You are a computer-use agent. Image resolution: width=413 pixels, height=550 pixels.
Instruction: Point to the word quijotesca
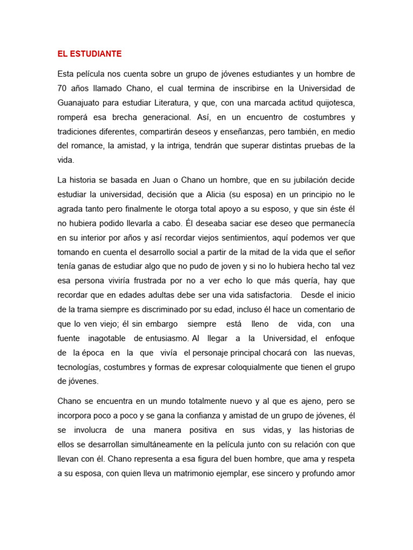tap(330, 103)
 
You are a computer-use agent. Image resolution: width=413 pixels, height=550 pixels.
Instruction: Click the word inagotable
tap(105, 339)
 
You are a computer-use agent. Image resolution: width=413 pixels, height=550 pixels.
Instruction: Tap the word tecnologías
tap(81, 367)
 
